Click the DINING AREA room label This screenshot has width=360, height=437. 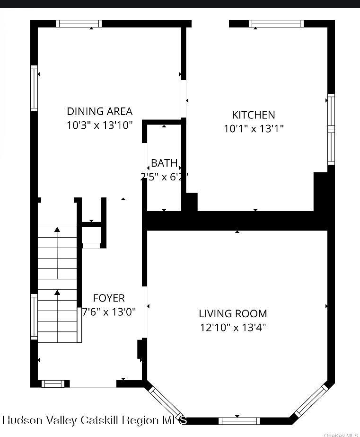99,111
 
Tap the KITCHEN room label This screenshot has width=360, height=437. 253,115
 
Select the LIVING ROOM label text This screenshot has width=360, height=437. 233,313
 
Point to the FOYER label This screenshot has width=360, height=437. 109,298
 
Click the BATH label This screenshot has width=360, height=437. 164,163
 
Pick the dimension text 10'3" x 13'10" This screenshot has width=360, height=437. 99,125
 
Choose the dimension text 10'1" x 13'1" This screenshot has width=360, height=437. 254,129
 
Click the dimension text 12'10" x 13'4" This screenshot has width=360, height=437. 233,327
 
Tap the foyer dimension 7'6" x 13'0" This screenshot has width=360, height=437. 109,312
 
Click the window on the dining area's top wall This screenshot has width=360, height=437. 79,24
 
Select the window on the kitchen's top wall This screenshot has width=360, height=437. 276,24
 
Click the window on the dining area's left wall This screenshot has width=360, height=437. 34,89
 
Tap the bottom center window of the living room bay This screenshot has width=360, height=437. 239,420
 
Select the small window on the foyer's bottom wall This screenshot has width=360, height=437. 52,383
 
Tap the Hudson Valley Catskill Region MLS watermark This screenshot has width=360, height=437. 95,420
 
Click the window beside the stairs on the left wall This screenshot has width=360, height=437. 34,316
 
